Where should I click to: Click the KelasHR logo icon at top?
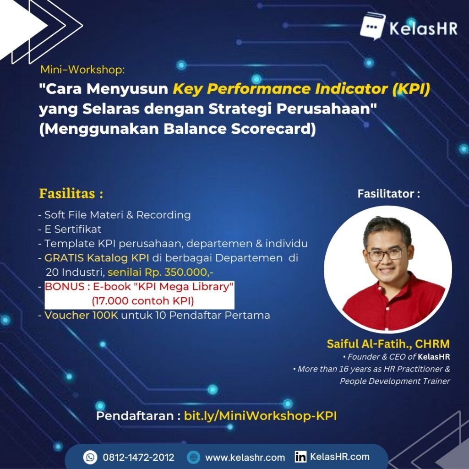click(x=372, y=27)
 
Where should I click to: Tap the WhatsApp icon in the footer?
click(x=90, y=457)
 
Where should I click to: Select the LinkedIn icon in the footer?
click(x=300, y=457)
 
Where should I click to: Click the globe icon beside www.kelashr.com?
click(x=194, y=457)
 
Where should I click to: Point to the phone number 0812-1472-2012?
click(x=138, y=457)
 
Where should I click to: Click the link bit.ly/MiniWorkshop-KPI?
click(x=260, y=416)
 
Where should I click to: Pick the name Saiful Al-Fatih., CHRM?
click(x=388, y=344)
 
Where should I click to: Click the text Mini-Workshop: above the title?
click(x=82, y=70)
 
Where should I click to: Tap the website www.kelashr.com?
click(x=245, y=457)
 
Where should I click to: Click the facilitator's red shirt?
click(x=394, y=302)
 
